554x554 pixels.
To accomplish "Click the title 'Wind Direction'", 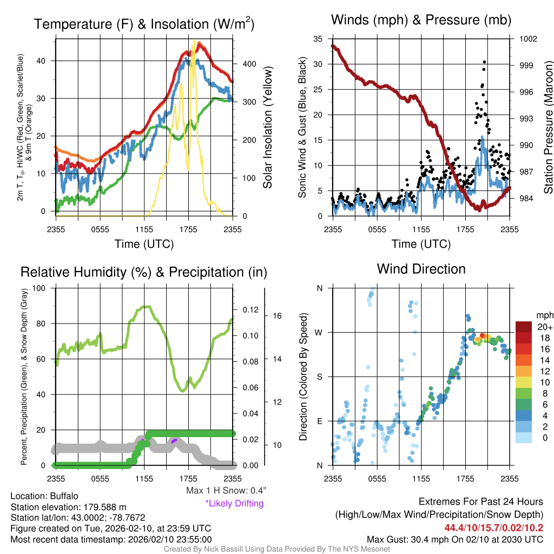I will [421, 269].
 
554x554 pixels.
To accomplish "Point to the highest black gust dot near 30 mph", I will [484, 62].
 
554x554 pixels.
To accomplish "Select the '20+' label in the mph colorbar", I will [544, 327].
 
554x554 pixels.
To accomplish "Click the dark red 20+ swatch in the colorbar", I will [523, 327].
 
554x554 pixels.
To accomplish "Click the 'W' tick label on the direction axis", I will [320, 332].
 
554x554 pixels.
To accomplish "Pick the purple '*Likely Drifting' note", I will [234, 503].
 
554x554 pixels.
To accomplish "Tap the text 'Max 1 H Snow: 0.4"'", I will [226, 491].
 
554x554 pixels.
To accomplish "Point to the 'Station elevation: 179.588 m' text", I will [68, 507].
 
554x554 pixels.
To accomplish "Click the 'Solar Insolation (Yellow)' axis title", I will [267, 128].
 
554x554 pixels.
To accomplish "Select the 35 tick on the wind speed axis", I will [318, 39].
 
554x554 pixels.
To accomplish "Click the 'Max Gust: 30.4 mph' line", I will [454, 539].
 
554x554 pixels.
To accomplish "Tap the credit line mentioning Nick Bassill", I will [276, 549].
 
